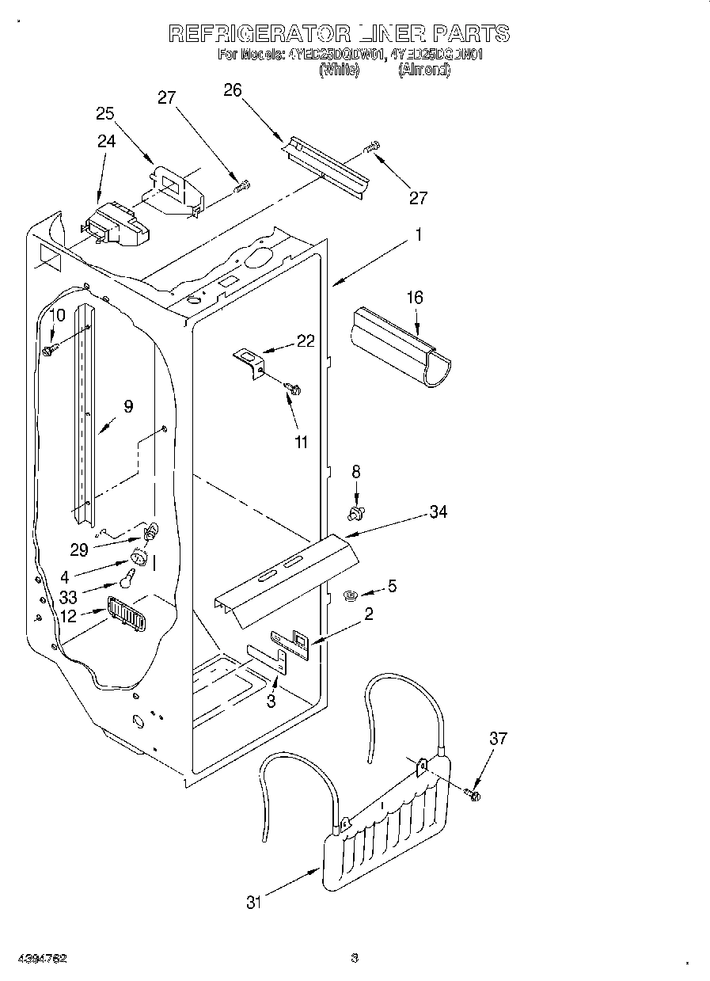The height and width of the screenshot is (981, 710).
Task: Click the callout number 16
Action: (415, 298)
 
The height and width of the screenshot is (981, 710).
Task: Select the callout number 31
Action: (252, 901)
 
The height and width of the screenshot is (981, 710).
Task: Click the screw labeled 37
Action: (473, 793)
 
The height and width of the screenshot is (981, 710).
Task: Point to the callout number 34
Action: (437, 512)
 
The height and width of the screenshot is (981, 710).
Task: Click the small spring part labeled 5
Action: (352, 595)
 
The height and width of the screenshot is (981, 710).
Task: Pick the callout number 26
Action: (232, 90)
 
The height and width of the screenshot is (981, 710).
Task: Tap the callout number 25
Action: (105, 113)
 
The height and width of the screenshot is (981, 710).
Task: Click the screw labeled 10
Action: (50, 348)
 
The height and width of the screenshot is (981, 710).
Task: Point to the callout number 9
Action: (127, 407)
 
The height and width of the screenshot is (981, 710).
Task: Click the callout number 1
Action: (419, 235)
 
